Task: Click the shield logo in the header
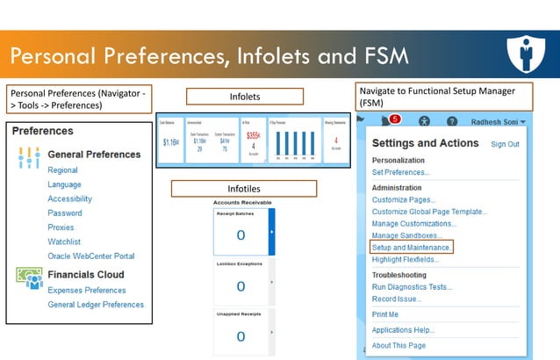coord(528,54)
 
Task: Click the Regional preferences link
coord(63,170)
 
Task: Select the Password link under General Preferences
coord(65,213)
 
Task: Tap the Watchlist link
coord(65,241)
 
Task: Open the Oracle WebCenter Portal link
coord(91,256)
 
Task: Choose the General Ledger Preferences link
coord(96,305)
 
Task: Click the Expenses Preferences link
coord(87,291)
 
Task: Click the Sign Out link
coord(505,144)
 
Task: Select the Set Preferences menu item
coord(401,173)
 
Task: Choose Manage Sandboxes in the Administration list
coord(406,236)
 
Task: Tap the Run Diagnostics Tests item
coord(413,287)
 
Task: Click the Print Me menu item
coord(385,314)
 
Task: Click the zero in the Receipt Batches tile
coord(241,235)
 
